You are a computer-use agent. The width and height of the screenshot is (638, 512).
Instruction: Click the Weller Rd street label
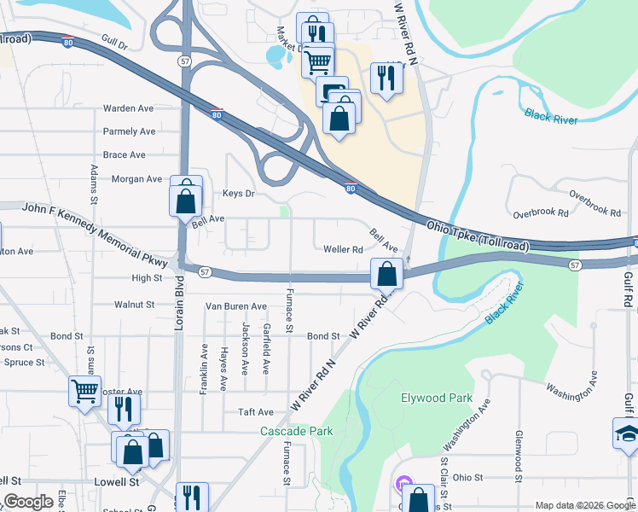coord(344,250)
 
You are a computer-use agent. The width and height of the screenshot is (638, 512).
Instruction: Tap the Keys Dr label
coord(239,194)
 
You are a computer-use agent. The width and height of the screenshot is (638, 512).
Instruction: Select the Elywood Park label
coord(437,399)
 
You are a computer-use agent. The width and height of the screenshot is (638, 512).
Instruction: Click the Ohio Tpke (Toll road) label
coord(478,237)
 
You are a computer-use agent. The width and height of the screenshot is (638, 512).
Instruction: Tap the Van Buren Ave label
coord(236,306)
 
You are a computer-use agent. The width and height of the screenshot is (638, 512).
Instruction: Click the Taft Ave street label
coord(256,411)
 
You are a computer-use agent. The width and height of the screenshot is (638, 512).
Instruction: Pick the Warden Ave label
coord(128,108)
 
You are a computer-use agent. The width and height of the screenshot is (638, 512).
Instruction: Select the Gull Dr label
coord(113,40)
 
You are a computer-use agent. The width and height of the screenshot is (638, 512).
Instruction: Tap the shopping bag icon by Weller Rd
coord(387,275)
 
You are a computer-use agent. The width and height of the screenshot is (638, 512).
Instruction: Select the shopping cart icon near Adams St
coord(84,392)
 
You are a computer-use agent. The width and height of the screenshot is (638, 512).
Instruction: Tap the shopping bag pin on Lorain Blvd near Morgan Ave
coord(185,201)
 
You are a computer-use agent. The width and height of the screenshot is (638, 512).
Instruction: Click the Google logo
coord(28,502)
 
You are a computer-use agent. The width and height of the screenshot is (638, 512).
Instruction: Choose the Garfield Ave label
coord(266,353)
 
